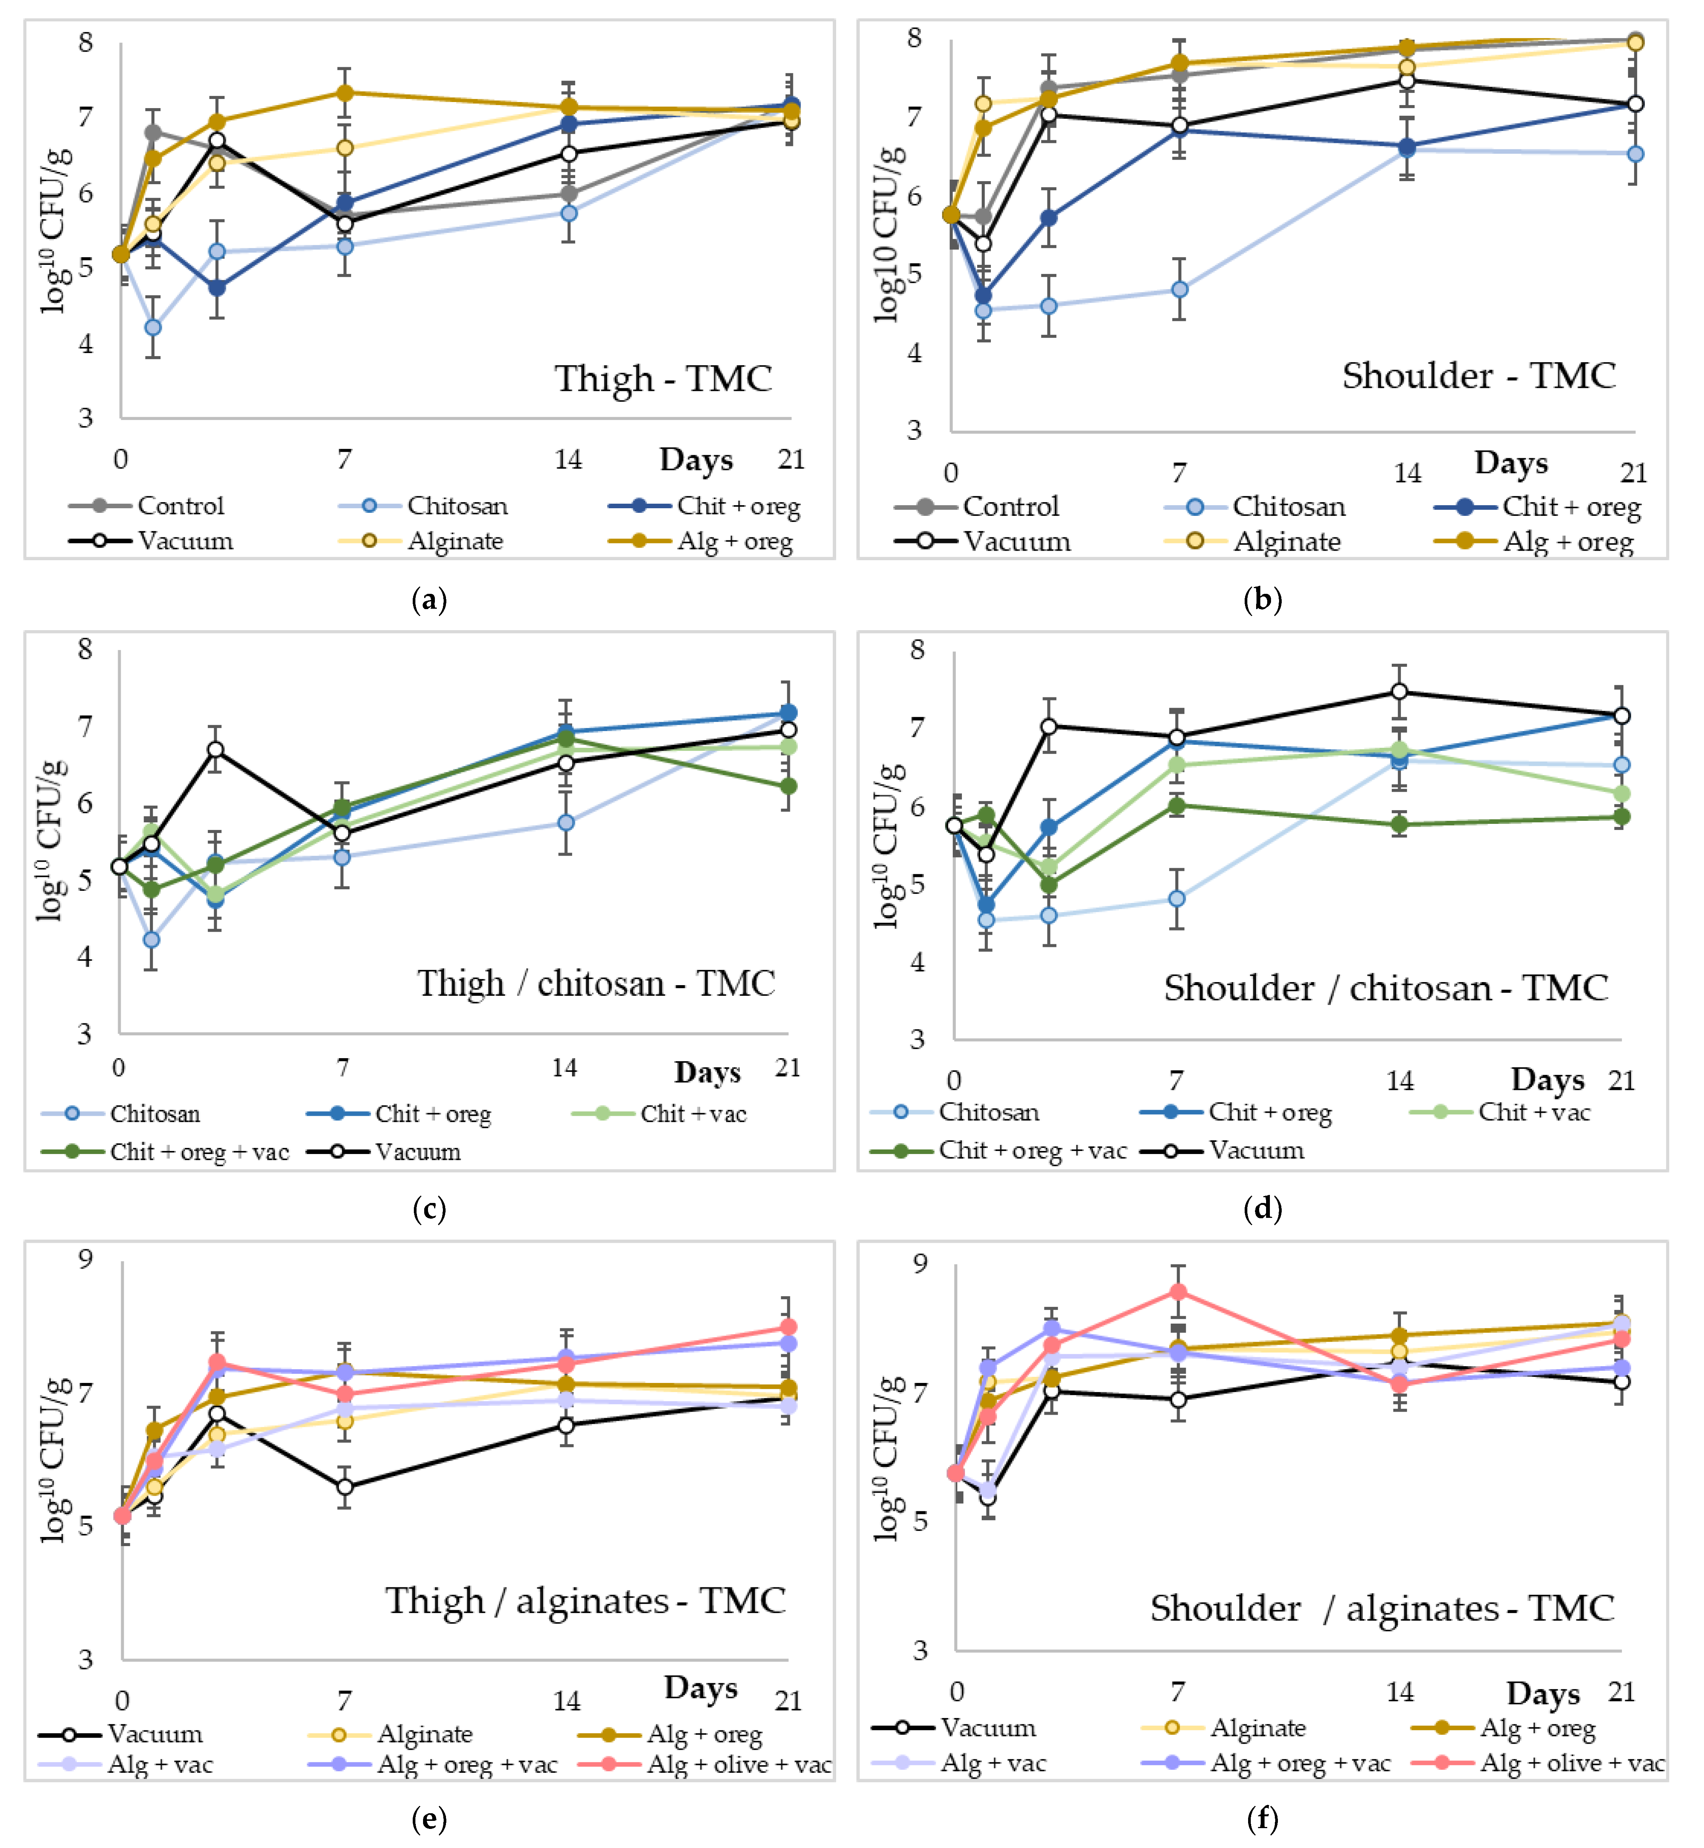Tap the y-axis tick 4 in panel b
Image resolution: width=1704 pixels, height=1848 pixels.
[x=914, y=353]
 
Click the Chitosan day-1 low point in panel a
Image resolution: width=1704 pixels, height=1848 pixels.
[x=153, y=327]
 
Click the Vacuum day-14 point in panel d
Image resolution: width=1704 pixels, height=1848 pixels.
[x=1399, y=692]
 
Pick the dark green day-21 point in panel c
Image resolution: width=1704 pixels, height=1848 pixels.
[x=788, y=786]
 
